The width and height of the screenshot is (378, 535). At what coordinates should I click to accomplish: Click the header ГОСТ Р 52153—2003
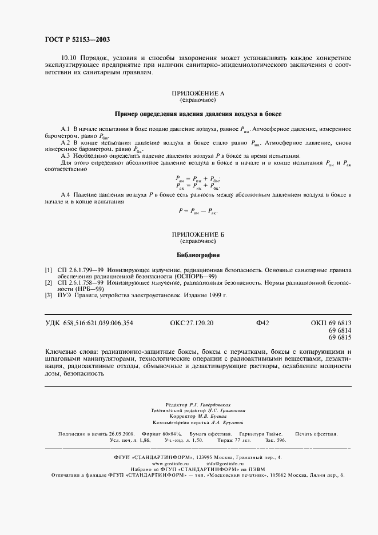tap(77, 39)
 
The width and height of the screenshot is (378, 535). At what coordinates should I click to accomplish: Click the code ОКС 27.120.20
tap(192, 324)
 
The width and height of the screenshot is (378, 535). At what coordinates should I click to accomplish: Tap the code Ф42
tap(262, 324)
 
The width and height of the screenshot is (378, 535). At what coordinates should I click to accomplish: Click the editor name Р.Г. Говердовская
tap(211, 404)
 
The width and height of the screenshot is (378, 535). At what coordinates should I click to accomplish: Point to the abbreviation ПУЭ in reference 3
tap(63, 296)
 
